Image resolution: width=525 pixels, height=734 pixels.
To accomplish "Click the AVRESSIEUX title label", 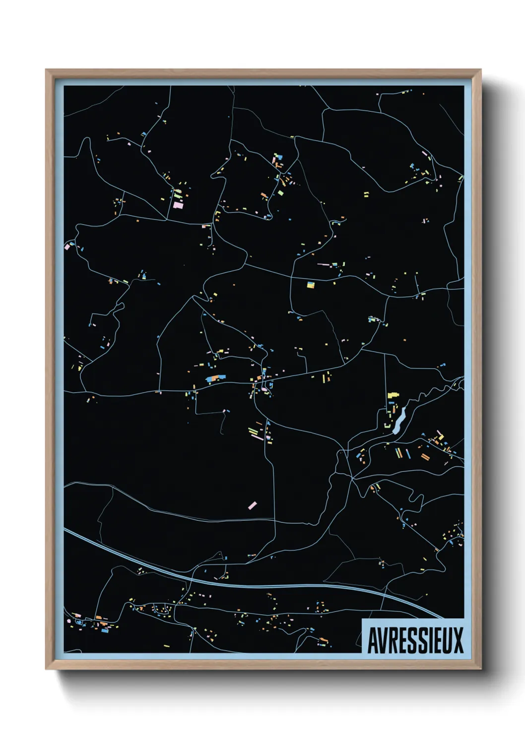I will coord(415,640).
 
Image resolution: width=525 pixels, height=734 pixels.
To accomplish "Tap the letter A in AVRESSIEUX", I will coord(372,641).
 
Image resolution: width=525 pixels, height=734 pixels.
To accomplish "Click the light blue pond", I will coord(399,421).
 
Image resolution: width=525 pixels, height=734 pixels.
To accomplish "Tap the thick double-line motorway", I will coord(248,584).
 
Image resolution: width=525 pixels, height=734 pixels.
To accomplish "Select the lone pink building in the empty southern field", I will coord(252,505).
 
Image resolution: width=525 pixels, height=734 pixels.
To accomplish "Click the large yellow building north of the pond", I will coord(393,395).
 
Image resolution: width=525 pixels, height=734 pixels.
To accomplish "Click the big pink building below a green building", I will coord(178,204).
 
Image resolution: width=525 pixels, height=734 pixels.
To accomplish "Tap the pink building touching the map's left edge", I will coord(67,245).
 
